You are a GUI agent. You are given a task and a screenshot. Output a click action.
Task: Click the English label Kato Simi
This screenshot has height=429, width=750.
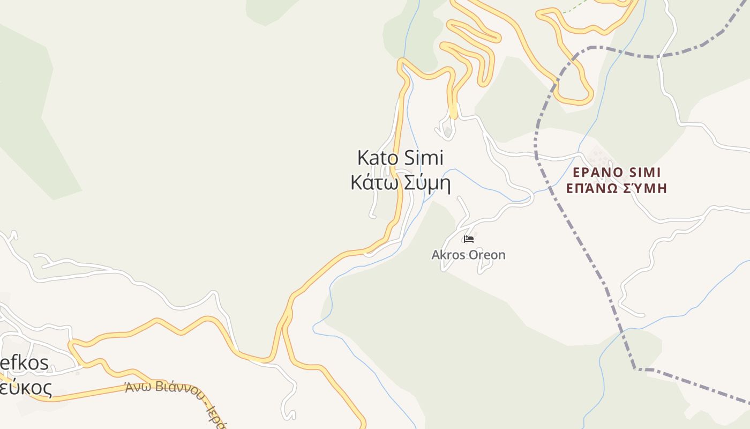400,158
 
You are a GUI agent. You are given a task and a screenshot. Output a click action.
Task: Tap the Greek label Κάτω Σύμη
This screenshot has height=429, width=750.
400,183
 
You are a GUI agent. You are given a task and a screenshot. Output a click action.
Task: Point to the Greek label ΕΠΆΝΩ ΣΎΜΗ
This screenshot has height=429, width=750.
616,188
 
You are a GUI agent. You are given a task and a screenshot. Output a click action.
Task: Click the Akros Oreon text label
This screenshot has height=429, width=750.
468,255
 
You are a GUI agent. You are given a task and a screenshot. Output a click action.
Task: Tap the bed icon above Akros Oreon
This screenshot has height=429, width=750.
469,239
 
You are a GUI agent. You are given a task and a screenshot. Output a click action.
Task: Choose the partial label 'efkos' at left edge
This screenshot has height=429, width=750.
24,363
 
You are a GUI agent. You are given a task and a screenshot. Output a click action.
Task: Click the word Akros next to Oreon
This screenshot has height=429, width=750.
448,255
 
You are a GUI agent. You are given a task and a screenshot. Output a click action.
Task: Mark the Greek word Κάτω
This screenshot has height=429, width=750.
374,183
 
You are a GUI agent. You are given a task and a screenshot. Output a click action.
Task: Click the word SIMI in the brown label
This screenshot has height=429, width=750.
645,172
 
